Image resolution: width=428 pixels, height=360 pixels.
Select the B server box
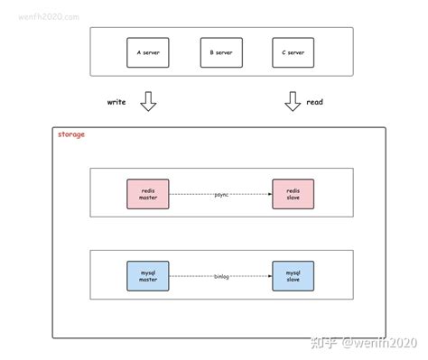tap(216, 52)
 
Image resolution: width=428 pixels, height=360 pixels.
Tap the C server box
tap(287, 52)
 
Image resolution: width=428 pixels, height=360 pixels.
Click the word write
tap(116, 103)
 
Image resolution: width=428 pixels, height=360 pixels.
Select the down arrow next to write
tap(149, 104)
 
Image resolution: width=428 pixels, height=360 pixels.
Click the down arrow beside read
tap(292, 104)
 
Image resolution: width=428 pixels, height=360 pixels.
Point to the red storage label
tap(72, 134)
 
